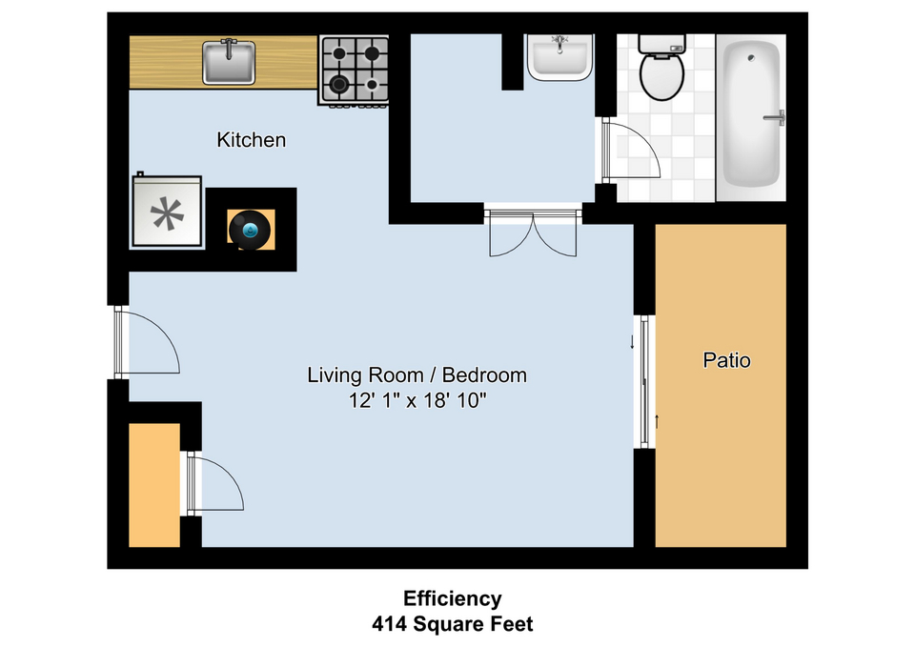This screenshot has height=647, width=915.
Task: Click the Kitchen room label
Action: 251,140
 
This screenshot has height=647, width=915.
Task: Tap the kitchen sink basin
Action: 229,62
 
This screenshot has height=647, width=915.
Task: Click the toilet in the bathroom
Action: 661,68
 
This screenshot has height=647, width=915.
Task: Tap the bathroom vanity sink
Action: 559,56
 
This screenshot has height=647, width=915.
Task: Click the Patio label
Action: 726,360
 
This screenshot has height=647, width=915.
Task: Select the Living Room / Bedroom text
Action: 417,374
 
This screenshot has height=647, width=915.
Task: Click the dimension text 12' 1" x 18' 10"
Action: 417,401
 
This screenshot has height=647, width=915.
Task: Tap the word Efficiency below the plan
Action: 452,598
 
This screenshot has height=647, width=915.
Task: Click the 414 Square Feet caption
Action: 452,624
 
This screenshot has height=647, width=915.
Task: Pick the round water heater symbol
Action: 250,230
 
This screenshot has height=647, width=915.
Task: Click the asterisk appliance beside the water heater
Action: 168,212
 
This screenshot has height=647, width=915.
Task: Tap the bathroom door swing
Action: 631,149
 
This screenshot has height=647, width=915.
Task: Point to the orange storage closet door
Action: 215,484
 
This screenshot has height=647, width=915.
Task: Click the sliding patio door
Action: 644,382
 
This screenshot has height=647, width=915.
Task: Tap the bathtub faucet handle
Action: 775,118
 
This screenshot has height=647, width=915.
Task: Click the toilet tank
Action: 661,44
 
